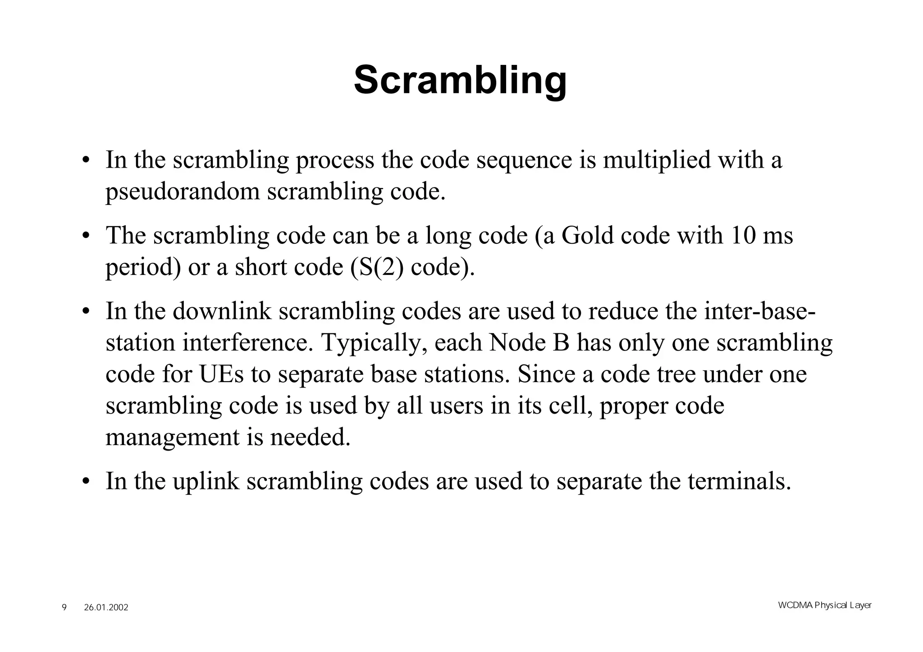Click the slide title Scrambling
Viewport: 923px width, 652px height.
460,80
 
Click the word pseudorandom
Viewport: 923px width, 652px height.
183,191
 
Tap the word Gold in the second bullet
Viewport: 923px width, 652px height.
587,235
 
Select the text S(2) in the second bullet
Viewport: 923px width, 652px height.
377,267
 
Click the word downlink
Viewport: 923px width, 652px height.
222,311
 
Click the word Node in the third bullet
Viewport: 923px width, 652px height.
512,342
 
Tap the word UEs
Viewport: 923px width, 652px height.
221,374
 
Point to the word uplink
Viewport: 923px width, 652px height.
206,481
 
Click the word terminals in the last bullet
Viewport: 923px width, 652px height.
739,481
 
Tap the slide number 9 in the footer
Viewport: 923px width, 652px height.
64,607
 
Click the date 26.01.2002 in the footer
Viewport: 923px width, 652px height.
106,607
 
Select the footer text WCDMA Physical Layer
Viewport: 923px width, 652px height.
825,605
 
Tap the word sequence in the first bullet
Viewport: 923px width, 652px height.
524,160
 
